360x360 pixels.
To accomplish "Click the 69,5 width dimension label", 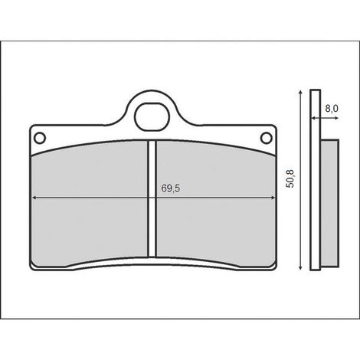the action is (170, 188).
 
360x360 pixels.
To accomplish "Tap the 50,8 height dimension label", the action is (290, 178).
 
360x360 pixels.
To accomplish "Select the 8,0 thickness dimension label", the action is (332, 109).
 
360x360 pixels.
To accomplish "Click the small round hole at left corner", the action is (40, 138).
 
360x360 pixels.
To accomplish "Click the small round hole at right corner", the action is (266, 138).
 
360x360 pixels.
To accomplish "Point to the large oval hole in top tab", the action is (152, 117).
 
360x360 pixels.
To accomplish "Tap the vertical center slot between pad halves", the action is (152, 198).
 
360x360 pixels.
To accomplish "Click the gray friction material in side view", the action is (329, 203).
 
